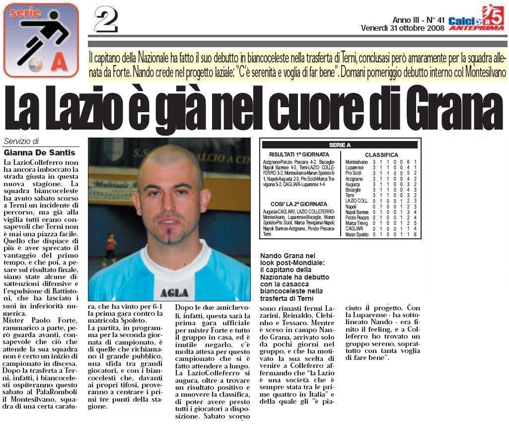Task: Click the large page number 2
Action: pos(106,21)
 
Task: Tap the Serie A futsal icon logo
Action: pos(41,40)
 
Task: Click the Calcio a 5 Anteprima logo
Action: pos(476,18)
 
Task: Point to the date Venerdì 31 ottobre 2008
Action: pos(402,28)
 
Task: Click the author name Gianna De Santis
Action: pos(40,152)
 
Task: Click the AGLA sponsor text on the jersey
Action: pos(174,292)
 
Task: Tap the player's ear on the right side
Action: pos(206,202)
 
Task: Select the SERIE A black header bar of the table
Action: pos(340,145)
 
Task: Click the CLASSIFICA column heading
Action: pos(381,155)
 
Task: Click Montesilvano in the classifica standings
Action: pos(357,162)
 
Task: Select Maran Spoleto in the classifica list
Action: pos(358,234)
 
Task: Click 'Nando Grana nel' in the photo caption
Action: pos(288,256)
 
